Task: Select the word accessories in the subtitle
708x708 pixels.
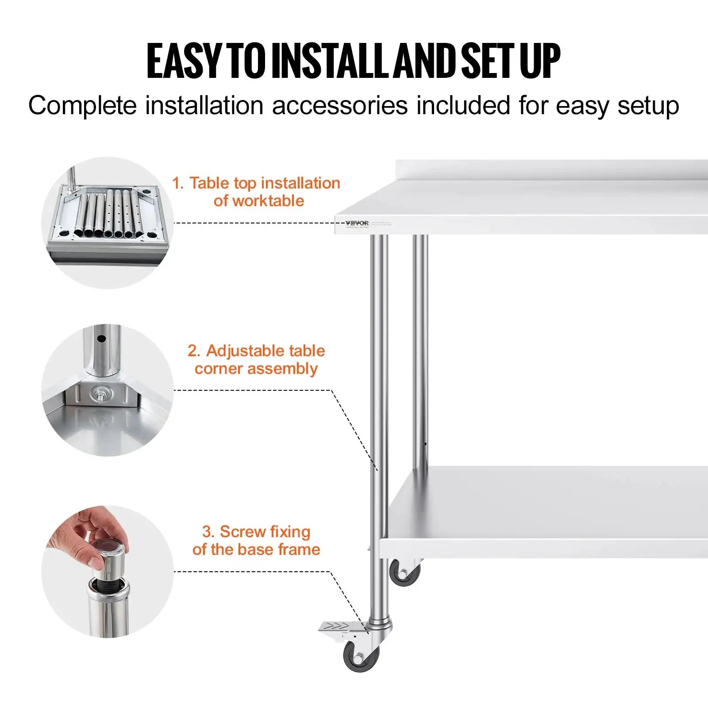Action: click(x=340, y=106)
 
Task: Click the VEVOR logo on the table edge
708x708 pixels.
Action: click(x=357, y=223)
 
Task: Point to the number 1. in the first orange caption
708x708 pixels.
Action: click(x=177, y=183)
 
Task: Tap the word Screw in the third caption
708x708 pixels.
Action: click(x=243, y=531)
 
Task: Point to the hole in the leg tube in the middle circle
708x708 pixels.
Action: click(x=101, y=339)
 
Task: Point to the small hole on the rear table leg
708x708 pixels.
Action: click(x=425, y=444)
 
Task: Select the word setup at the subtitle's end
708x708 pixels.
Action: click(x=648, y=106)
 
